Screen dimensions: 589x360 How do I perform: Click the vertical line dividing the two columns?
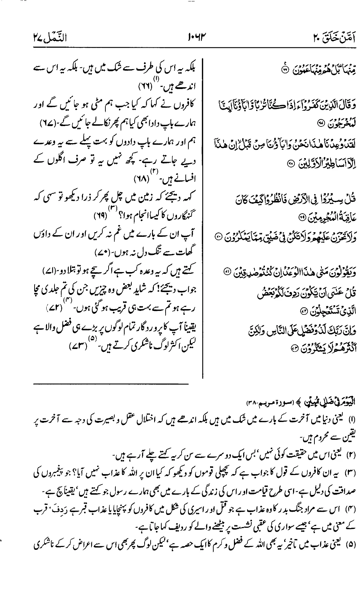202,214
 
